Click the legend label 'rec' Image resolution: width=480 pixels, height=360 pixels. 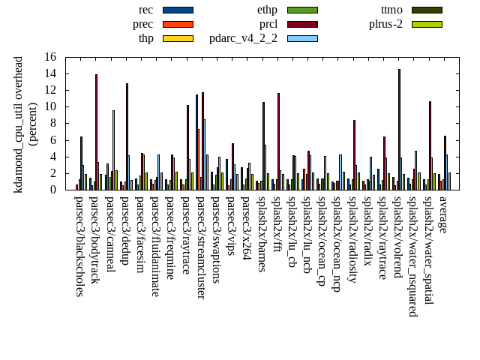pyautogui.click(x=146, y=10)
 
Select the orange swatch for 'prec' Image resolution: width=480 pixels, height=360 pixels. pyautogui.click(x=178, y=24)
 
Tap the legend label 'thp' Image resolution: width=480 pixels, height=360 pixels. pyautogui.click(x=146, y=38)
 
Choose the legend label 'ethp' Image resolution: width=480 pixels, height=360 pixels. pyautogui.click(x=267, y=10)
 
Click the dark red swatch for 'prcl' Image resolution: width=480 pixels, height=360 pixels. pyautogui.click(x=302, y=24)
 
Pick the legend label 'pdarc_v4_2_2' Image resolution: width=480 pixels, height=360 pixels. pyautogui.click(x=243, y=38)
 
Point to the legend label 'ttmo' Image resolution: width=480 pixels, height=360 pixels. pyautogui.click(x=391, y=10)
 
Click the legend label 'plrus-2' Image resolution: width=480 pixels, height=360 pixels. pyautogui.click(x=385, y=24)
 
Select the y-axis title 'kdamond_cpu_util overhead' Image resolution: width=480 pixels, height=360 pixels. pyautogui.click(x=19, y=124)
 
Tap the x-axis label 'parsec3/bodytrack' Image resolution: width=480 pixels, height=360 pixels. pyautogui.click(x=94, y=241)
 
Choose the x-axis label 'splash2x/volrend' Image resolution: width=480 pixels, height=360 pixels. pyautogui.click(x=397, y=238)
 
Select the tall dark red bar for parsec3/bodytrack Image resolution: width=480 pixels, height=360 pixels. pyautogui.click(x=96, y=131)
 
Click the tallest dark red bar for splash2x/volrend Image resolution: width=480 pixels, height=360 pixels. pyautogui.click(x=399, y=129)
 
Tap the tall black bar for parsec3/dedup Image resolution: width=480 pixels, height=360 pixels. pyautogui.click(x=127, y=136)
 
